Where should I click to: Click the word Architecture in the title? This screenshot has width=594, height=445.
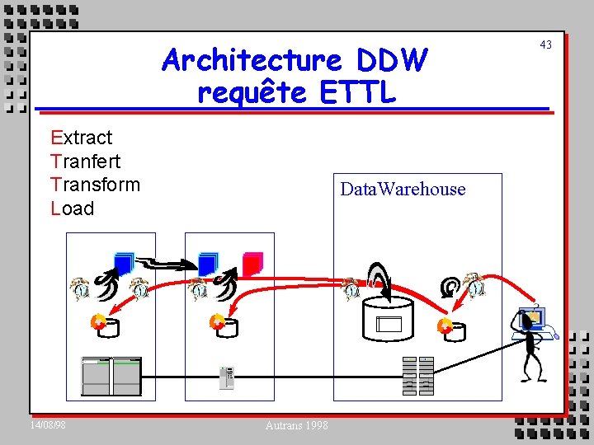[253, 60]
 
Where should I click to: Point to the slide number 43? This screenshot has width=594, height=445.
[545, 44]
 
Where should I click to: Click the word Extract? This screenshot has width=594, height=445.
[82, 137]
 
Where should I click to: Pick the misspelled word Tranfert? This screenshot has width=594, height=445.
[85, 161]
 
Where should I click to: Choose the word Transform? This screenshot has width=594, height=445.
[95, 185]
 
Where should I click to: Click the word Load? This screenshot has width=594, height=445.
[73, 208]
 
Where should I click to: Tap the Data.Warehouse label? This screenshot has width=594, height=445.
[403, 190]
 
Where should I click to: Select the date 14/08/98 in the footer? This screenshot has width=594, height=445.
[48, 424]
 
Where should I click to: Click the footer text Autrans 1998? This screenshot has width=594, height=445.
[297, 425]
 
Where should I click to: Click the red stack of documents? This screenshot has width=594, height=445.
[252, 263]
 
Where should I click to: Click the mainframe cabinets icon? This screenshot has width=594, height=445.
[111, 376]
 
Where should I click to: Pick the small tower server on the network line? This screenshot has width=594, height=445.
[227, 377]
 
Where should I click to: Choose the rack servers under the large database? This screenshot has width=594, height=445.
[417, 376]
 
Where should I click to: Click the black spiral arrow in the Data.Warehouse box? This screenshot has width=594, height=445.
[450, 286]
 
